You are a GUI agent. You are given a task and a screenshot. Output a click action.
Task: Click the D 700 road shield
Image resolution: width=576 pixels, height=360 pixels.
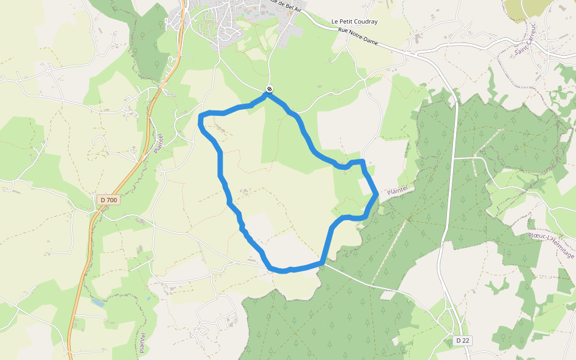click(109, 199)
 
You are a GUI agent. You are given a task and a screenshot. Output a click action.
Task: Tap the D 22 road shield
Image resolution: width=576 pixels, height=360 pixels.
click(462, 341)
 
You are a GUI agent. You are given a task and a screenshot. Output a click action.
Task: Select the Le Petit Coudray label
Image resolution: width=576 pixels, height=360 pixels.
click(355, 22)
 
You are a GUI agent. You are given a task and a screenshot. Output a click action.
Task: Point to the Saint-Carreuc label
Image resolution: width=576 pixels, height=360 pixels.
click(524, 40)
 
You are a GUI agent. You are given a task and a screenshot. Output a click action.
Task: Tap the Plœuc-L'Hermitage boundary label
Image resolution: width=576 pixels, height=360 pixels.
click(551, 247)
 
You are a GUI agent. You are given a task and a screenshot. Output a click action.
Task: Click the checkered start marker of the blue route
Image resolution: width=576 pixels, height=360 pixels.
click(269, 89)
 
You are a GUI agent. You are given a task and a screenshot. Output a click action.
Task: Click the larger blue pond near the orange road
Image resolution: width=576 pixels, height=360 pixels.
click(98, 302)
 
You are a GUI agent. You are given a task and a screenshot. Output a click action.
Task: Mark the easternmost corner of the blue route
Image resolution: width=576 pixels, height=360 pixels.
click(376, 193)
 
